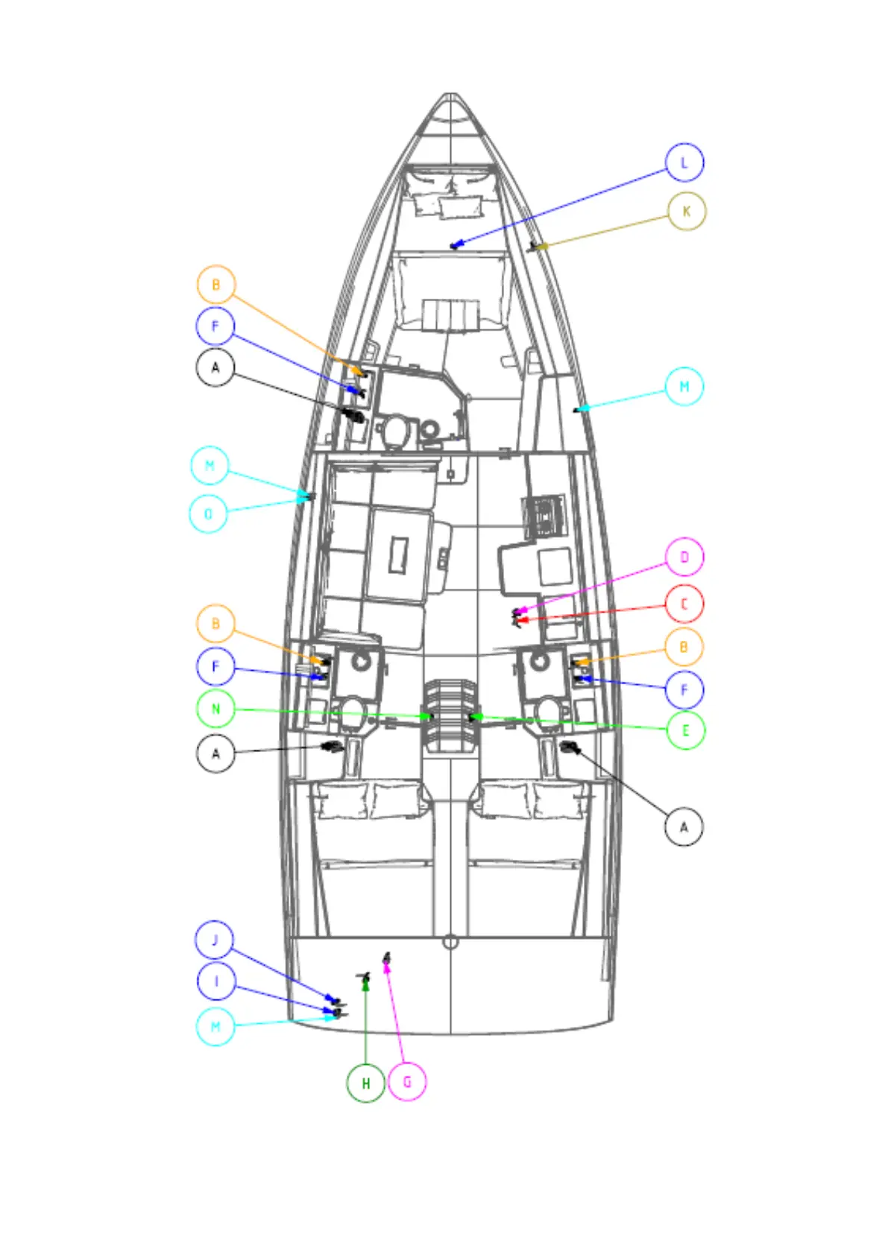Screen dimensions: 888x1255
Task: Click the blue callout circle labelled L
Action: click(x=684, y=162)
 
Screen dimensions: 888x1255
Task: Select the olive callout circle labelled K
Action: click(x=686, y=212)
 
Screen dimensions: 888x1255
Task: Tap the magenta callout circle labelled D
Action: click(x=684, y=557)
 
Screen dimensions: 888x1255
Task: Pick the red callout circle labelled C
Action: click(x=684, y=604)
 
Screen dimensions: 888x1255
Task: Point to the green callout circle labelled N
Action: click(x=216, y=709)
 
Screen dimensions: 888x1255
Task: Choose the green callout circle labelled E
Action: click(x=685, y=730)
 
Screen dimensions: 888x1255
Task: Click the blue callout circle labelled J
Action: click(x=215, y=940)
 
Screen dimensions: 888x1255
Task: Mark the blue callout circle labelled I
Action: click(x=216, y=981)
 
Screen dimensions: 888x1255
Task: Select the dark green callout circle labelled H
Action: click(x=366, y=1083)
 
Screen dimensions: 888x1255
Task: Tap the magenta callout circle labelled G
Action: click(x=407, y=1081)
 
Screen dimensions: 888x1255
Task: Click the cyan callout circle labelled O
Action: click(x=209, y=513)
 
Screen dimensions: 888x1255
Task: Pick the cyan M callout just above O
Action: click(x=210, y=466)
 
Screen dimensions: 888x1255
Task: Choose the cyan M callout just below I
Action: click(x=215, y=1027)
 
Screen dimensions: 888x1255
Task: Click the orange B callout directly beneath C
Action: click(x=684, y=647)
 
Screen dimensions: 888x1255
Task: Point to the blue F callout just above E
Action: click(x=684, y=689)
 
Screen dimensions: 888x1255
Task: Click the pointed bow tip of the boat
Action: click(x=450, y=95)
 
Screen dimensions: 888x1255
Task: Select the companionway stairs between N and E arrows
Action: click(x=450, y=715)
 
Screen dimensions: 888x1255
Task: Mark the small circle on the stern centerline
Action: click(x=450, y=942)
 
